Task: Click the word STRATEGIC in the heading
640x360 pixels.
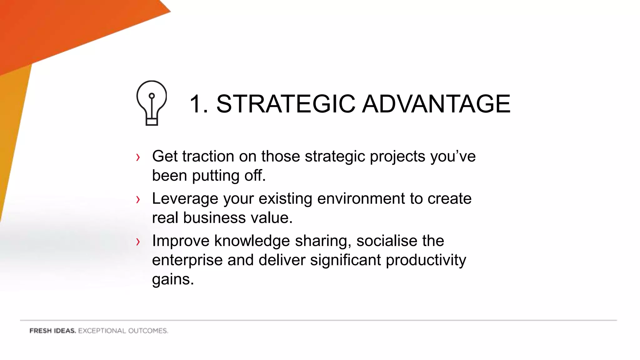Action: click(x=286, y=104)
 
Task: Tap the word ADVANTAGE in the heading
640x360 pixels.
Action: click(x=436, y=104)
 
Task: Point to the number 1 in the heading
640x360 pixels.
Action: click(x=196, y=104)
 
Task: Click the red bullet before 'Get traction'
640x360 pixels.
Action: click(x=138, y=157)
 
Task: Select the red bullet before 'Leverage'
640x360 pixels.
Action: click(x=138, y=199)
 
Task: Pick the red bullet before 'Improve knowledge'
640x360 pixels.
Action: click(x=138, y=242)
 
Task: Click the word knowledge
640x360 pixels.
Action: click(x=252, y=241)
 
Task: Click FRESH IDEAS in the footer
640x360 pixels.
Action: click(x=52, y=331)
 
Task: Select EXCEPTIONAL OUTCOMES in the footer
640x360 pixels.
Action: click(x=123, y=331)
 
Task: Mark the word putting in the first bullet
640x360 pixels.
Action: click(x=216, y=176)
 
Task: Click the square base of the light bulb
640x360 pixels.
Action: click(x=152, y=122)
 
